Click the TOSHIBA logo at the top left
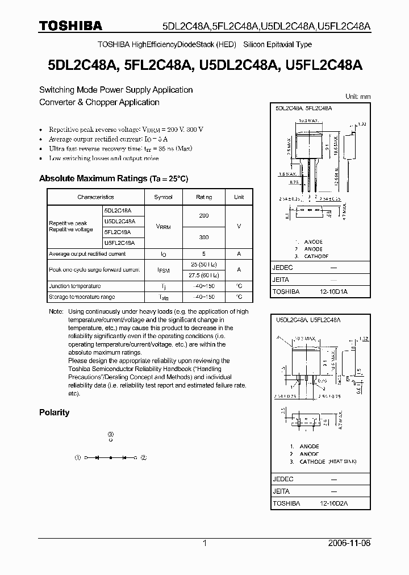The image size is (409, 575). pyautogui.click(x=70, y=26)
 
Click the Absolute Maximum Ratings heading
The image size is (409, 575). pyautogui.click(x=113, y=178)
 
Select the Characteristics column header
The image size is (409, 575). pyautogui.click(x=95, y=197)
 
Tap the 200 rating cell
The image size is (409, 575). pyautogui.click(x=204, y=215)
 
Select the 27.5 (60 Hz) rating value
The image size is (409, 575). pyautogui.click(x=204, y=275)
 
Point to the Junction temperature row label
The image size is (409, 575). pyautogui.click(x=74, y=286)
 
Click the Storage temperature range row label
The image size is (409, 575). pyautogui.click(x=81, y=297)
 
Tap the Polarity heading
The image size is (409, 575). pyautogui.click(x=54, y=413)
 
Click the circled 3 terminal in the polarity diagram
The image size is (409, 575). pyautogui.click(x=111, y=434)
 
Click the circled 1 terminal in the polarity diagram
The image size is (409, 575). pyautogui.click(x=78, y=457)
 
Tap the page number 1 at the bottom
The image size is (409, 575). pyautogui.click(x=204, y=543)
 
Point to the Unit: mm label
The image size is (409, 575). pyautogui.click(x=358, y=97)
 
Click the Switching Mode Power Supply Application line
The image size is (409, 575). pyautogui.click(x=116, y=90)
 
